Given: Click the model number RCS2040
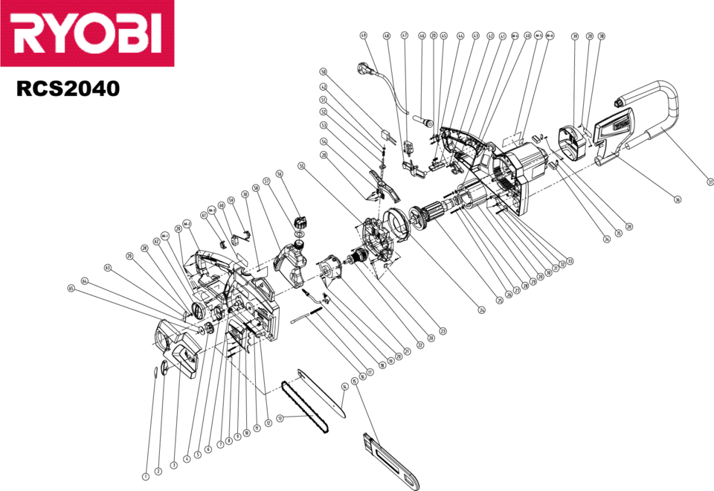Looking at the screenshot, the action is pos(68,89).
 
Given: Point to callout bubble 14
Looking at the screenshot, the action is pos(344,387).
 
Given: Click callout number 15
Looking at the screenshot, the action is pos(354,381).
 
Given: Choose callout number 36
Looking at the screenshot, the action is pos(678,199).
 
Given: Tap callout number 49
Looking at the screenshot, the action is pos(363,35).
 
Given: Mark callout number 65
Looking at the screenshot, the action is pos(71,288).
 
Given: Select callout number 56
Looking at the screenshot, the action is pos(280,173).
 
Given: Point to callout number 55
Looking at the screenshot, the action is pos(301,165).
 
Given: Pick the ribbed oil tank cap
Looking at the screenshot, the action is pos(301,222).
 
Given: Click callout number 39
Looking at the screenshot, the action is pos(574,36).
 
